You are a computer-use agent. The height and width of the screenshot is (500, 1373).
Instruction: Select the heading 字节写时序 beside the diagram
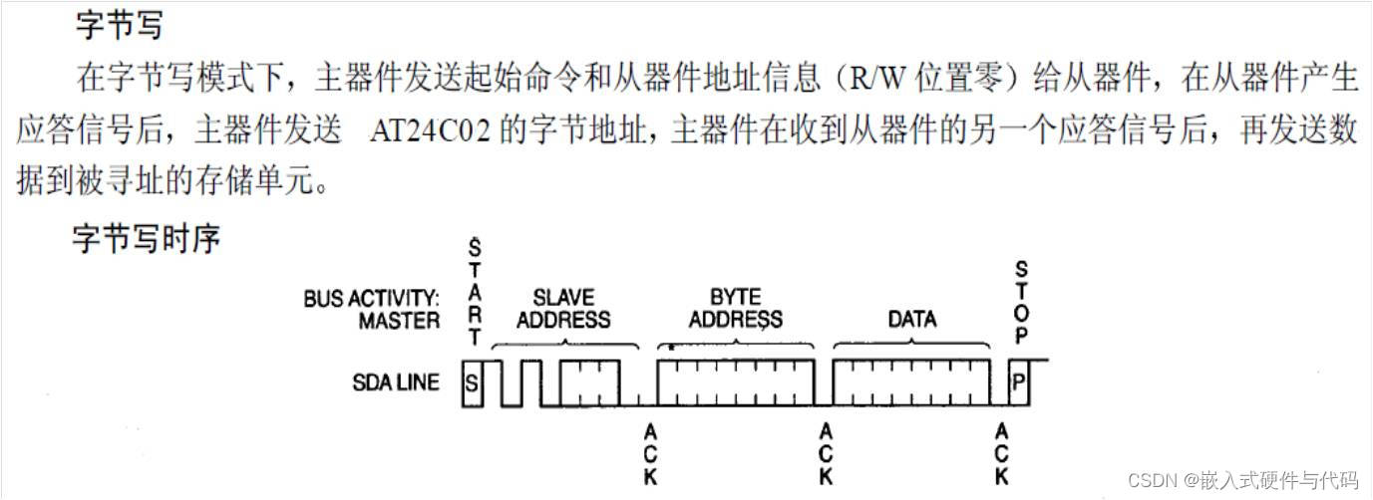(x=146, y=239)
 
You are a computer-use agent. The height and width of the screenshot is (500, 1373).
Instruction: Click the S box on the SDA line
(x=473, y=382)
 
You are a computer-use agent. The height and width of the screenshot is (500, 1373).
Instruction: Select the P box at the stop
(x=1018, y=382)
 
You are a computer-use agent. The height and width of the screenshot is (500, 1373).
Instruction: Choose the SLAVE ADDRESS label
(x=564, y=309)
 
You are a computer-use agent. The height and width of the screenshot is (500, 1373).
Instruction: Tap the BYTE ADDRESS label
(x=736, y=308)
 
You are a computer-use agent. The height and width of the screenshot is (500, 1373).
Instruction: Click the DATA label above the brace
(x=911, y=320)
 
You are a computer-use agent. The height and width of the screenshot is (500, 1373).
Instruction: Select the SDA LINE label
(x=396, y=381)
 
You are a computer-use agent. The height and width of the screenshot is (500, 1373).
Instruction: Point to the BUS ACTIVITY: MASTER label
(x=372, y=309)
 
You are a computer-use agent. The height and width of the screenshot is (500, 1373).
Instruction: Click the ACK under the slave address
(x=650, y=454)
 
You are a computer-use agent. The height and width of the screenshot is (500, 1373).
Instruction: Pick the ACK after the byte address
(x=826, y=454)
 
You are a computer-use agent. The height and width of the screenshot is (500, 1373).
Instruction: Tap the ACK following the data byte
(x=1002, y=454)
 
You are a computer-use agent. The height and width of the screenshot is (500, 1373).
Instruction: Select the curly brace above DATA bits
(x=911, y=344)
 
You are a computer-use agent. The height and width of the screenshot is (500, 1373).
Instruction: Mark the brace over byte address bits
(x=736, y=344)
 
